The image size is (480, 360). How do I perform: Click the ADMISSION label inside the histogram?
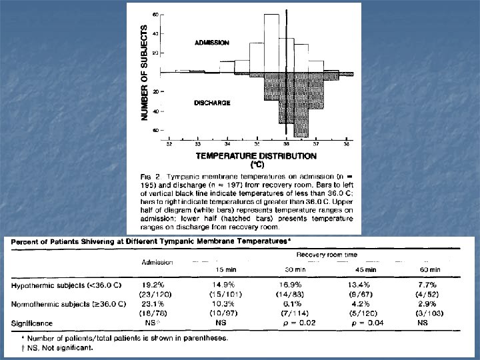coord(211,43)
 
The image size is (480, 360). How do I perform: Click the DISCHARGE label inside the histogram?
coord(212,103)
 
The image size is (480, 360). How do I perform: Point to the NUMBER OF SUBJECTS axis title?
coord(145,73)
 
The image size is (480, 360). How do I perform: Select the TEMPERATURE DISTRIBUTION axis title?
coord(256,156)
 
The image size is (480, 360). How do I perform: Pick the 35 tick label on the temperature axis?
coord(257,143)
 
